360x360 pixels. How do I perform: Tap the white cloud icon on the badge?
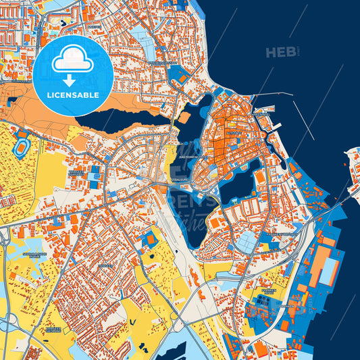click(x=73, y=61)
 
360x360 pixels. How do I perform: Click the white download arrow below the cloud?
click(x=73, y=80)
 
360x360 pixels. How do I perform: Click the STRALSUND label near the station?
click(x=180, y=181)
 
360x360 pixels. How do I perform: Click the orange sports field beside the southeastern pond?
click(x=260, y=177)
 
